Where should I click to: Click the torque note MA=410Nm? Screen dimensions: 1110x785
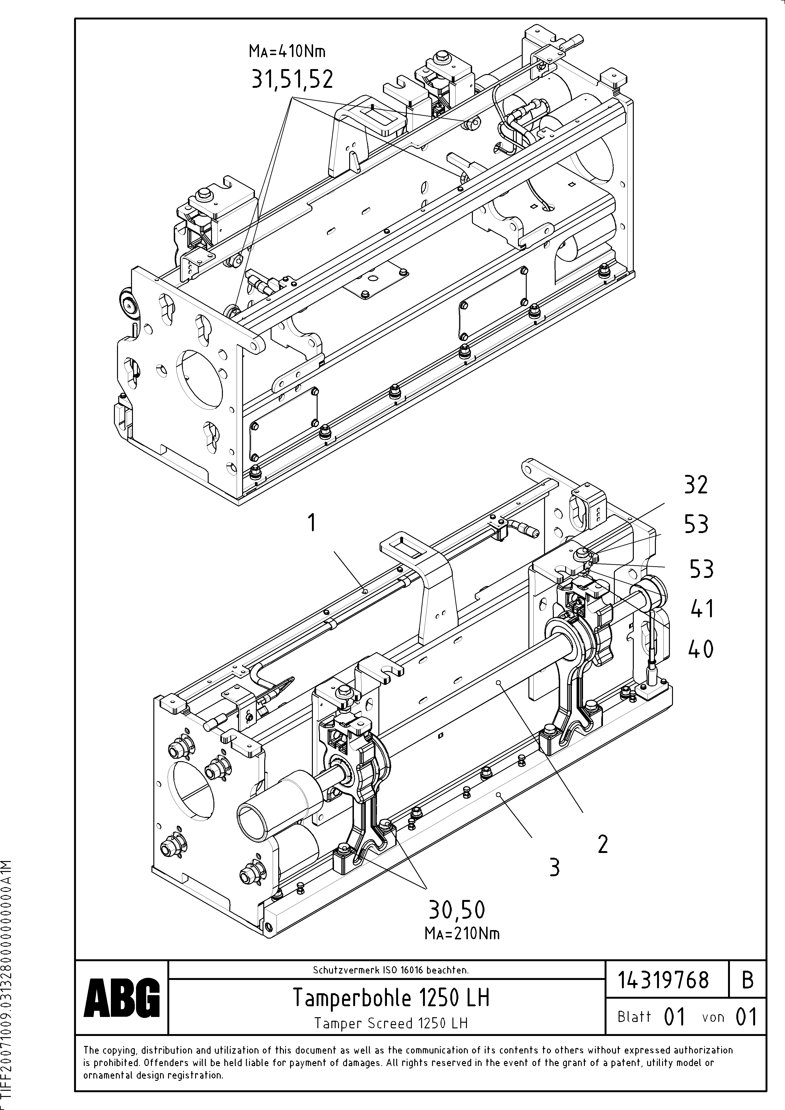[287, 50]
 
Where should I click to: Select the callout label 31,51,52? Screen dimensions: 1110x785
[292, 79]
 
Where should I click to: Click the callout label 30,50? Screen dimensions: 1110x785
[456, 910]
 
